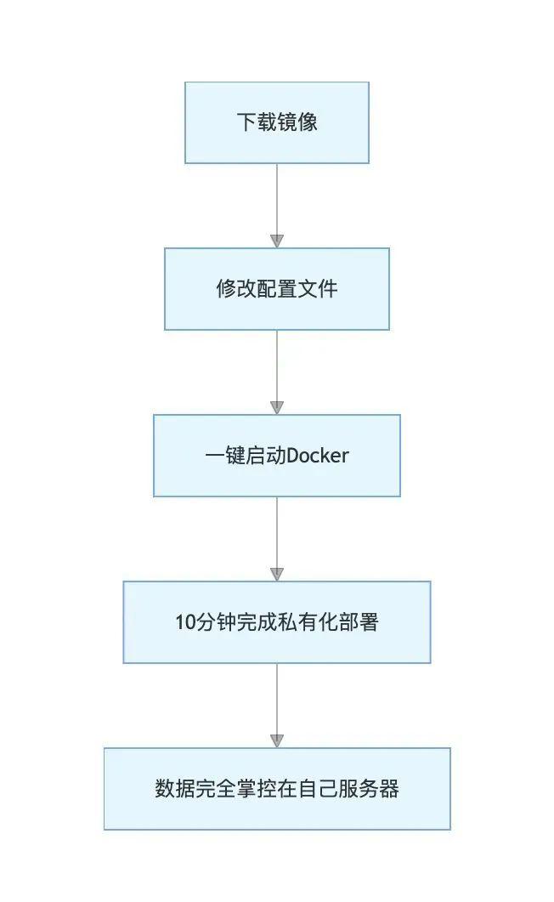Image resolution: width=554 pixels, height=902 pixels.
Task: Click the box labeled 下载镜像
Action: click(x=276, y=122)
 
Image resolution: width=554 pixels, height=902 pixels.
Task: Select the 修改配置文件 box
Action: click(x=276, y=289)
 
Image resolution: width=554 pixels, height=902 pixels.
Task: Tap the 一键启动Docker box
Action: click(x=276, y=456)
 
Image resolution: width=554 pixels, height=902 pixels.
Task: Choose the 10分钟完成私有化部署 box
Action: click(x=276, y=621)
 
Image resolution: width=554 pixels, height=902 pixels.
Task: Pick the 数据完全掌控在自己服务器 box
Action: click(x=276, y=789)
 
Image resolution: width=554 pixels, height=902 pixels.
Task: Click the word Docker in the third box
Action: click(x=317, y=456)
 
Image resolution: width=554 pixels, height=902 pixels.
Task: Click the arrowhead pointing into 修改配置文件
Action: click(x=277, y=241)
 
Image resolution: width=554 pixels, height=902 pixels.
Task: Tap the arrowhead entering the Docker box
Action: click(x=277, y=408)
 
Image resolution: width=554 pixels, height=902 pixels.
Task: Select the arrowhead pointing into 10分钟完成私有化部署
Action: click(x=277, y=575)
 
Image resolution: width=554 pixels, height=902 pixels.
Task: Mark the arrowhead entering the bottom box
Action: click(x=277, y=741)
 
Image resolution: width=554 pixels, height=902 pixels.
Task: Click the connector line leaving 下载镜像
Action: click(x=277, y=199)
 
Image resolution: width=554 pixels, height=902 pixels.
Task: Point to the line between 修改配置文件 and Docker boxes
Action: click(x=277, y=366)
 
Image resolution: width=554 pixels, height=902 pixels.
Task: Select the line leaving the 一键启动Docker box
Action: click(x=277, y=532)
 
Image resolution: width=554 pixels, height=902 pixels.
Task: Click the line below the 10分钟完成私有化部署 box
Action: click(x=277, y=699)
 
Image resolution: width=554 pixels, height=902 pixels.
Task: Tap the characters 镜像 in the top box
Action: click(x=297, y=122)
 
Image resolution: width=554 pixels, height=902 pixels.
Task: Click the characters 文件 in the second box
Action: click(x=317, y=289)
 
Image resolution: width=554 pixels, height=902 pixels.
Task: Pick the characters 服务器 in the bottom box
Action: click(x=369, y=789)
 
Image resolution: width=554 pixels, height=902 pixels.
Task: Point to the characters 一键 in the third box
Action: click(x=224, y=456)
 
